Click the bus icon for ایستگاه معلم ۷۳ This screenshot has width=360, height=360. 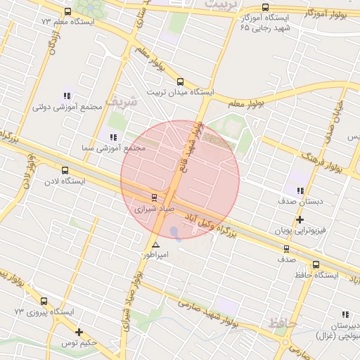click(x=67, y=11)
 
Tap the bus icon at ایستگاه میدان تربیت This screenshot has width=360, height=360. click(x=180, y=82)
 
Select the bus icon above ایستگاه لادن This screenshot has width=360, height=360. click(x=65, y=170)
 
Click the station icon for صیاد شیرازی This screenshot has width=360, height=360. click(x=155, y=198)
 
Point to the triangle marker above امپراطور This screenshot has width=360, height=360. click(x=155, y=245)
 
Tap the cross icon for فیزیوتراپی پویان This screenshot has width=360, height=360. click(x=300, y=219)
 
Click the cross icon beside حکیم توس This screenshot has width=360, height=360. click(x=79, y=332)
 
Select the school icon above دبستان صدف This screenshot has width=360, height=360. click(x=300, y=191)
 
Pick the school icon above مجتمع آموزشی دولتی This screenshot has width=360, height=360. click(x=67, y=96)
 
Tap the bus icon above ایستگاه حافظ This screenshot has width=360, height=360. click(x=316, y=265)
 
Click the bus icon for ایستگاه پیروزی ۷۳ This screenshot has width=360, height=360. click(x=44, y=300)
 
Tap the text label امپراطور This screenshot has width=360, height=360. click(x=156, y=255)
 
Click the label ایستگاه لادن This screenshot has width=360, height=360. click(x=65, y=181)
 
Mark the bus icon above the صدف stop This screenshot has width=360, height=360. click(x=286, y=248)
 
